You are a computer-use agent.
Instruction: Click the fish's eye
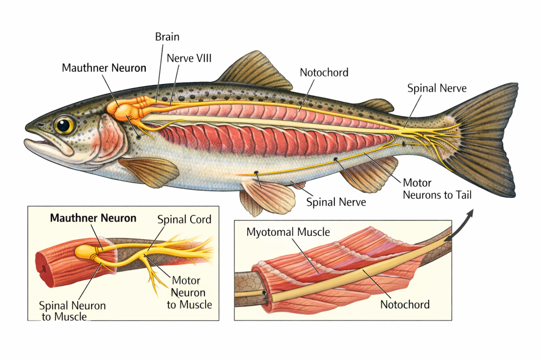click(x=64, y=125)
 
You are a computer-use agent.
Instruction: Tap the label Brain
click(x=167, y=37)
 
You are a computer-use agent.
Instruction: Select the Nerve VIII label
click(x=189, y=58)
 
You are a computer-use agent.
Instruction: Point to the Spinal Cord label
click(x=184, y=219)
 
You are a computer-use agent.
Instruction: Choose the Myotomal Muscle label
click(x=288, y=232)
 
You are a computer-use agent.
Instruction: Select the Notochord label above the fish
click(x=324, y=72)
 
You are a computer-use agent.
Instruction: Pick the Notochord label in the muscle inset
click(x=405, y=304)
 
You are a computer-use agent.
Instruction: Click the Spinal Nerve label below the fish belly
click(x=336, y=202)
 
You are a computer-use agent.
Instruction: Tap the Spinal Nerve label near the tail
click(x=437, y=88)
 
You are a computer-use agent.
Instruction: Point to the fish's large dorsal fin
click(x=256, y=71)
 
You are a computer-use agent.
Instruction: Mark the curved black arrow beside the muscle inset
click(x=460, y=224)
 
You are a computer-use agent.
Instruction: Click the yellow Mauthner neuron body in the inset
click(x=87, y=252)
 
